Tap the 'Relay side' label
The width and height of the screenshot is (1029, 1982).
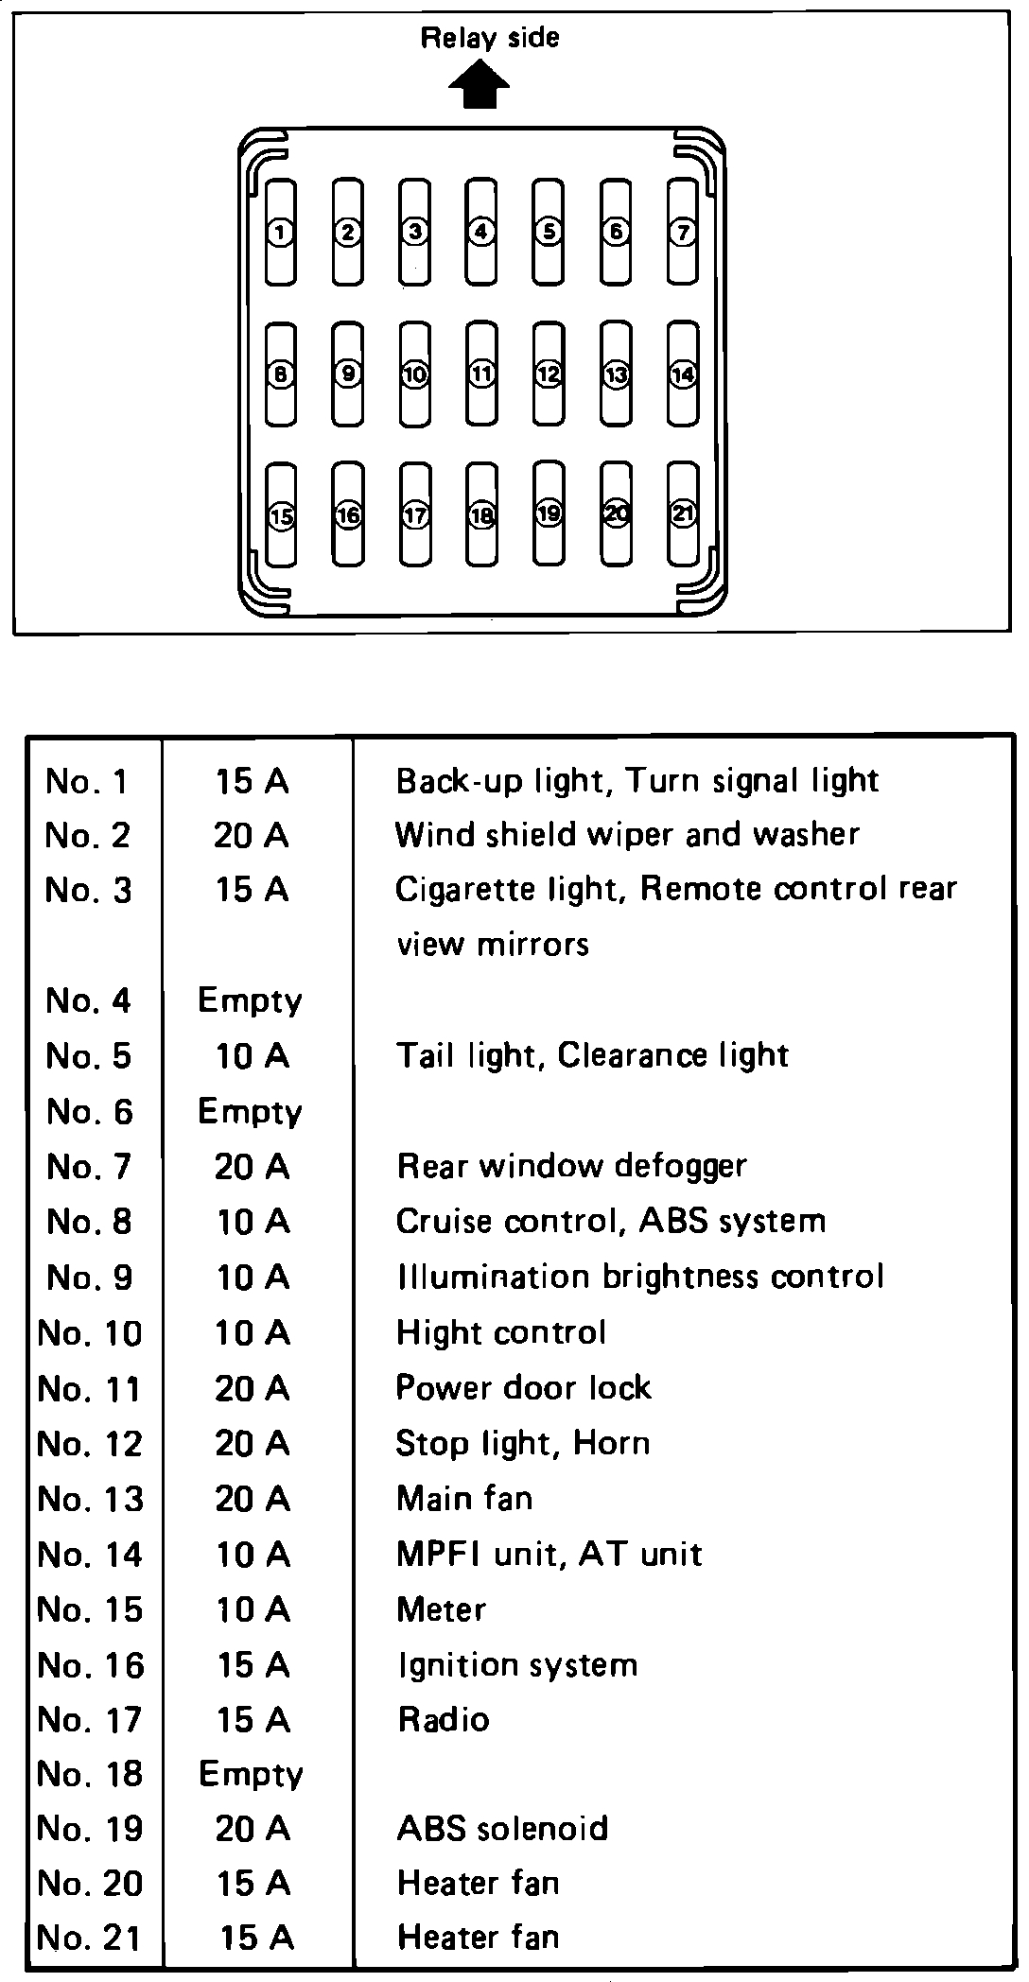tap(489, 39)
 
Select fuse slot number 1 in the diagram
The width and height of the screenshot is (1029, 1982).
tap(281, 232)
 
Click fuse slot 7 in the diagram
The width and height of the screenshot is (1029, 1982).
tap(683, 232)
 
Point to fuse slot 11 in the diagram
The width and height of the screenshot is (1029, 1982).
tap(482, 374)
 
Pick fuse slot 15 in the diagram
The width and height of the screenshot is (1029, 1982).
tap(281, 516)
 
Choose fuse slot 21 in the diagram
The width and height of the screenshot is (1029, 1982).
tap(683, 514)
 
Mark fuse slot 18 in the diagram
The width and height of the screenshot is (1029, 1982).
tap(482, 515)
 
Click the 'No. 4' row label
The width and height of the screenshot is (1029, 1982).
tap(88, 1000)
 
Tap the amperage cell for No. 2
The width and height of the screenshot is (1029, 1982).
tap(252, 835)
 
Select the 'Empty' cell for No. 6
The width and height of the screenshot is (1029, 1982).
tap(250, 1112)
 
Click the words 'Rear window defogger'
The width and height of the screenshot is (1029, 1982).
tap(571, 1166)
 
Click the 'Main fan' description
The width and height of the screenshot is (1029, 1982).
tap(464, 1498)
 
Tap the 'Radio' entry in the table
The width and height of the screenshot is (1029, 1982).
tap(444, 1719)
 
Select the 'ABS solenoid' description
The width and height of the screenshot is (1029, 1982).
tap(502, 1829)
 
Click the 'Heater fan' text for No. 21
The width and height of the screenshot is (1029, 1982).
tap(479, 1938)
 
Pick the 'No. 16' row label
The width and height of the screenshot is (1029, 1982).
tap(91, 1665)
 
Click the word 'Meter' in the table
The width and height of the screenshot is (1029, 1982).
tap(442, 1609)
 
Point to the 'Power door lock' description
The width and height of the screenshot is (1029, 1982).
tap(523, 1388)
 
